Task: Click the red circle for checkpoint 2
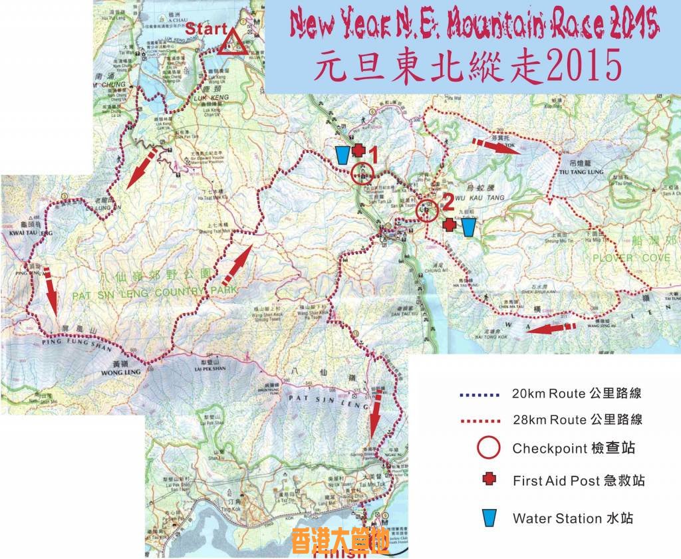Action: coord(427,211)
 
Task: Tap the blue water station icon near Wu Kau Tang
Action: coord(469,227)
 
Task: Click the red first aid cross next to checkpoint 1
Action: coord(358,150)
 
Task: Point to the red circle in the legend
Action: coord(488,448)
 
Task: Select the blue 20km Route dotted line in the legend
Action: coord(478,394)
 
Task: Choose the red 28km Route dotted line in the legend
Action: coord(478,420)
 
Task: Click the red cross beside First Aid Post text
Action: coord(489,479)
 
